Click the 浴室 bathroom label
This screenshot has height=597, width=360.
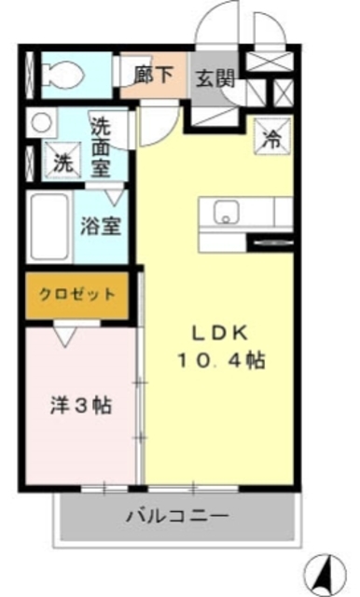pyautogui.click(x=99, y=226)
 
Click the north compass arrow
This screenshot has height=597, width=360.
pyautogui.click(x=326, y=568)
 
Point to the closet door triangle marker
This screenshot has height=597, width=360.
pyautogui.click(x=65, y=334)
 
